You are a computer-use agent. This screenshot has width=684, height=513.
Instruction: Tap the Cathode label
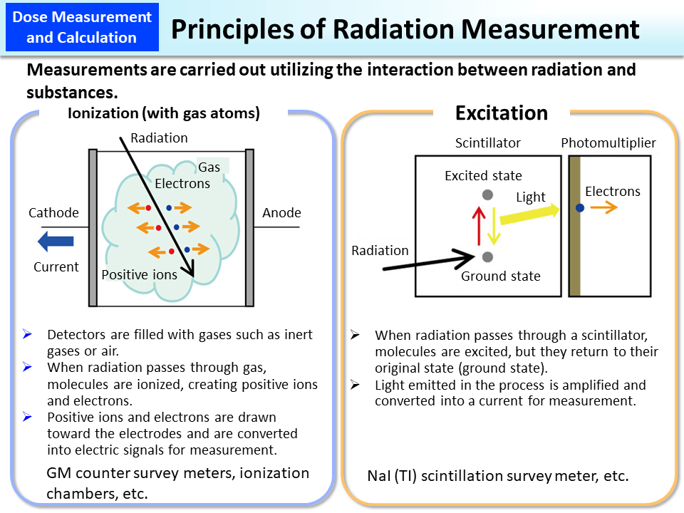tap(53, 213)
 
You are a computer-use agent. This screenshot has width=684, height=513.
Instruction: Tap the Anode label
tap(281, 213)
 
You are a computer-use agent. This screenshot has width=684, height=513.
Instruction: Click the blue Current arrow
tap(55, 242)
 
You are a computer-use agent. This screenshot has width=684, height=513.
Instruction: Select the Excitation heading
tap(502, 113)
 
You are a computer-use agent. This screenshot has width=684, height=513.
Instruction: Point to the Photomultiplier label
tap(608, 143)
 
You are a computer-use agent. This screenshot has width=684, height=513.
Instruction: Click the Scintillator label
tap(488, 143)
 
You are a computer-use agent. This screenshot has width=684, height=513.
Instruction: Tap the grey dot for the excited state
tap(487, 195)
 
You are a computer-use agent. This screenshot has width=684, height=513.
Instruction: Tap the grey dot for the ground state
tap(487, 256)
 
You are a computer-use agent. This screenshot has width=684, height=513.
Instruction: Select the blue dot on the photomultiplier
tap(581, 207)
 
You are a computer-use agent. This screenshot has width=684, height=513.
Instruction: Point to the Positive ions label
tap(139, 275)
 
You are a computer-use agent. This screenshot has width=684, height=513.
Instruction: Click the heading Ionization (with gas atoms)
tap(164, 113)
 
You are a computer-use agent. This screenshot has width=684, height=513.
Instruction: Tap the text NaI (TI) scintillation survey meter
tap(498, 476)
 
